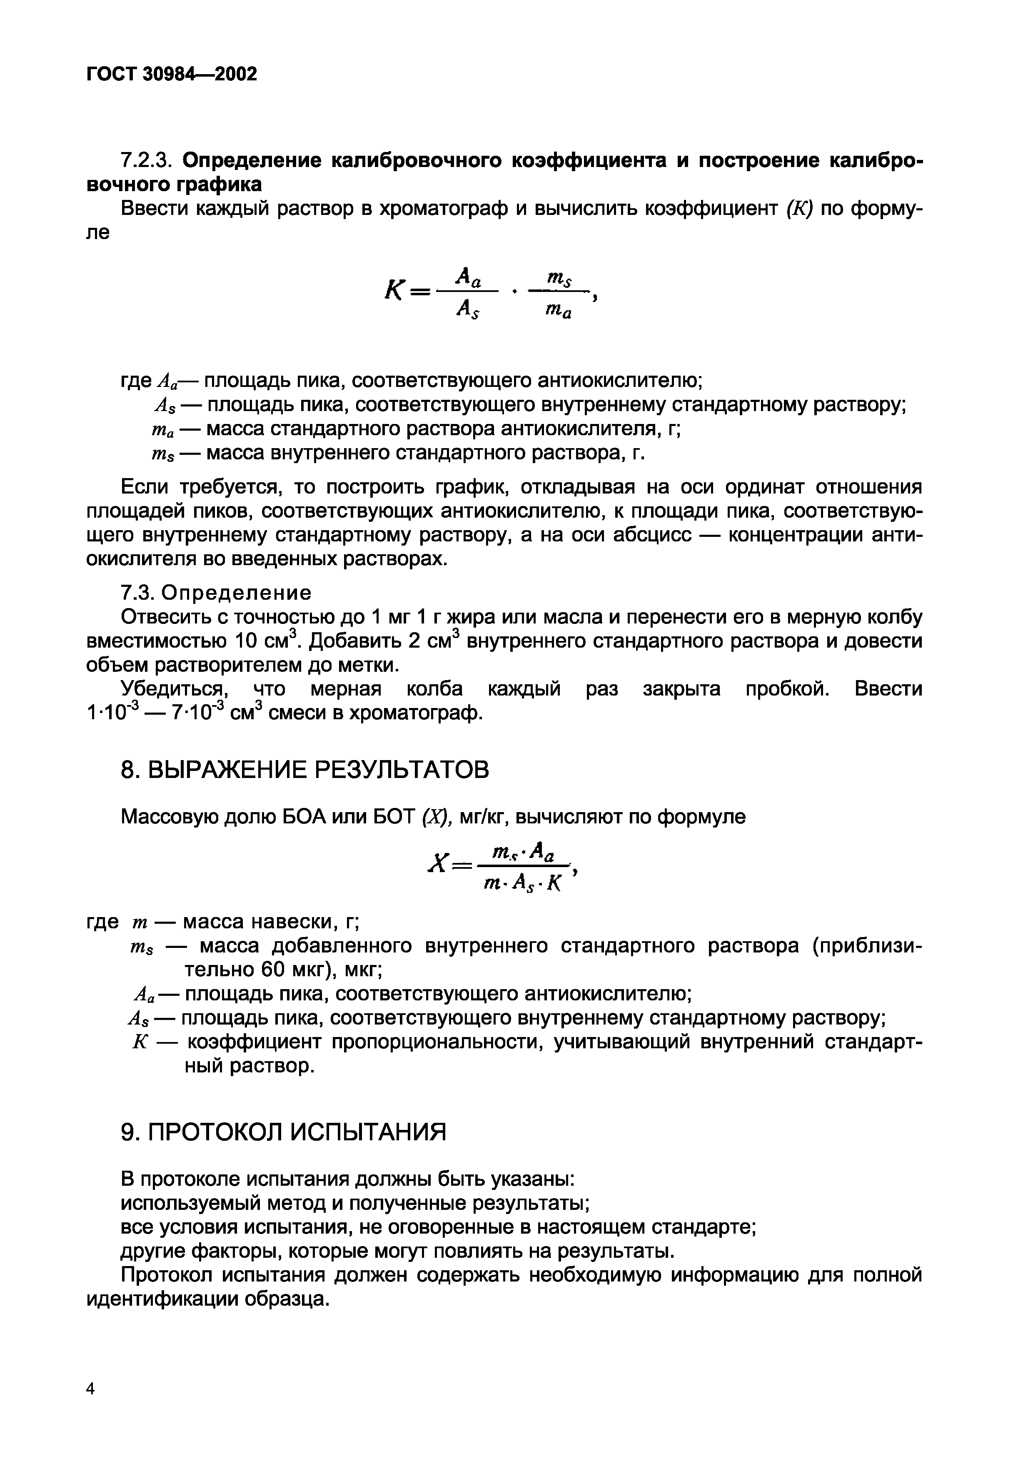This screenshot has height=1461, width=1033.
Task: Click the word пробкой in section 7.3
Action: click(787, 689)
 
